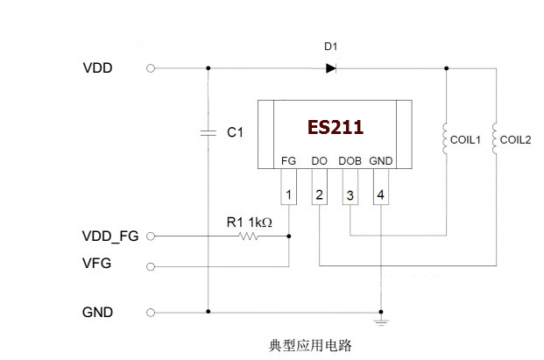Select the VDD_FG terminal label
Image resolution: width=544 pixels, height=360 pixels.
[x=109, y=235]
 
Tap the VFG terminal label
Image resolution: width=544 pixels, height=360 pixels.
[x=95, y=264]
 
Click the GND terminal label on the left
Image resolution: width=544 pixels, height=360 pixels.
[x=96, y=312]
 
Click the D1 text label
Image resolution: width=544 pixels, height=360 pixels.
[x=330, y=46]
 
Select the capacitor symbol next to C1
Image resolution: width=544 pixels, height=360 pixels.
[x=208, y=132]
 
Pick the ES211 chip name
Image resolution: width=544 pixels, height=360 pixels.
[x=335, y=127]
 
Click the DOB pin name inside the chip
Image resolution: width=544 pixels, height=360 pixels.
[x=350, y=161]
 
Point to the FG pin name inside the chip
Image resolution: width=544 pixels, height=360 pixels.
[x=289, y=161]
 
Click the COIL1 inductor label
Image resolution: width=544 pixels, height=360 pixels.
[x=467, y=139]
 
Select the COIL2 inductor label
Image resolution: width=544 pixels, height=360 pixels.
[x=517, y=139]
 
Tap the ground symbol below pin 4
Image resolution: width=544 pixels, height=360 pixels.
[x=380, y=324]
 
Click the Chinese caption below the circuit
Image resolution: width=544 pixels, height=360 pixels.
[x=310, y=345]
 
